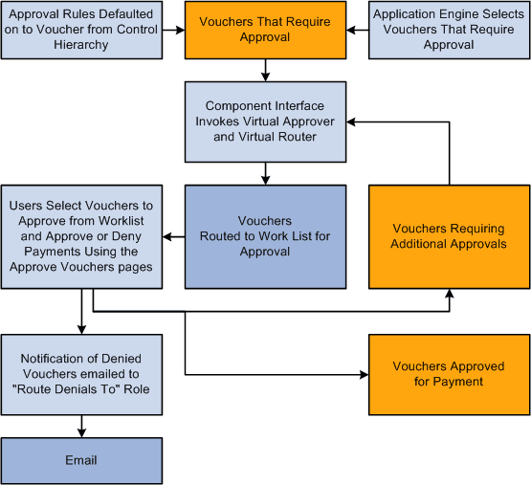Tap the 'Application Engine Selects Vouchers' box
[x=449, y=30]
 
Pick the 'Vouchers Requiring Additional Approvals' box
[x=449, y=236]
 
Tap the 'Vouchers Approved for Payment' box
[x=449, y=374]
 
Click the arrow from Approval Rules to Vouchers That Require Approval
[x=172, y=30]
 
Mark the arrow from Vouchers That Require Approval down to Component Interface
[x=263, y=70]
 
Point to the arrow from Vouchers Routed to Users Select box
[x=173, y=236]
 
